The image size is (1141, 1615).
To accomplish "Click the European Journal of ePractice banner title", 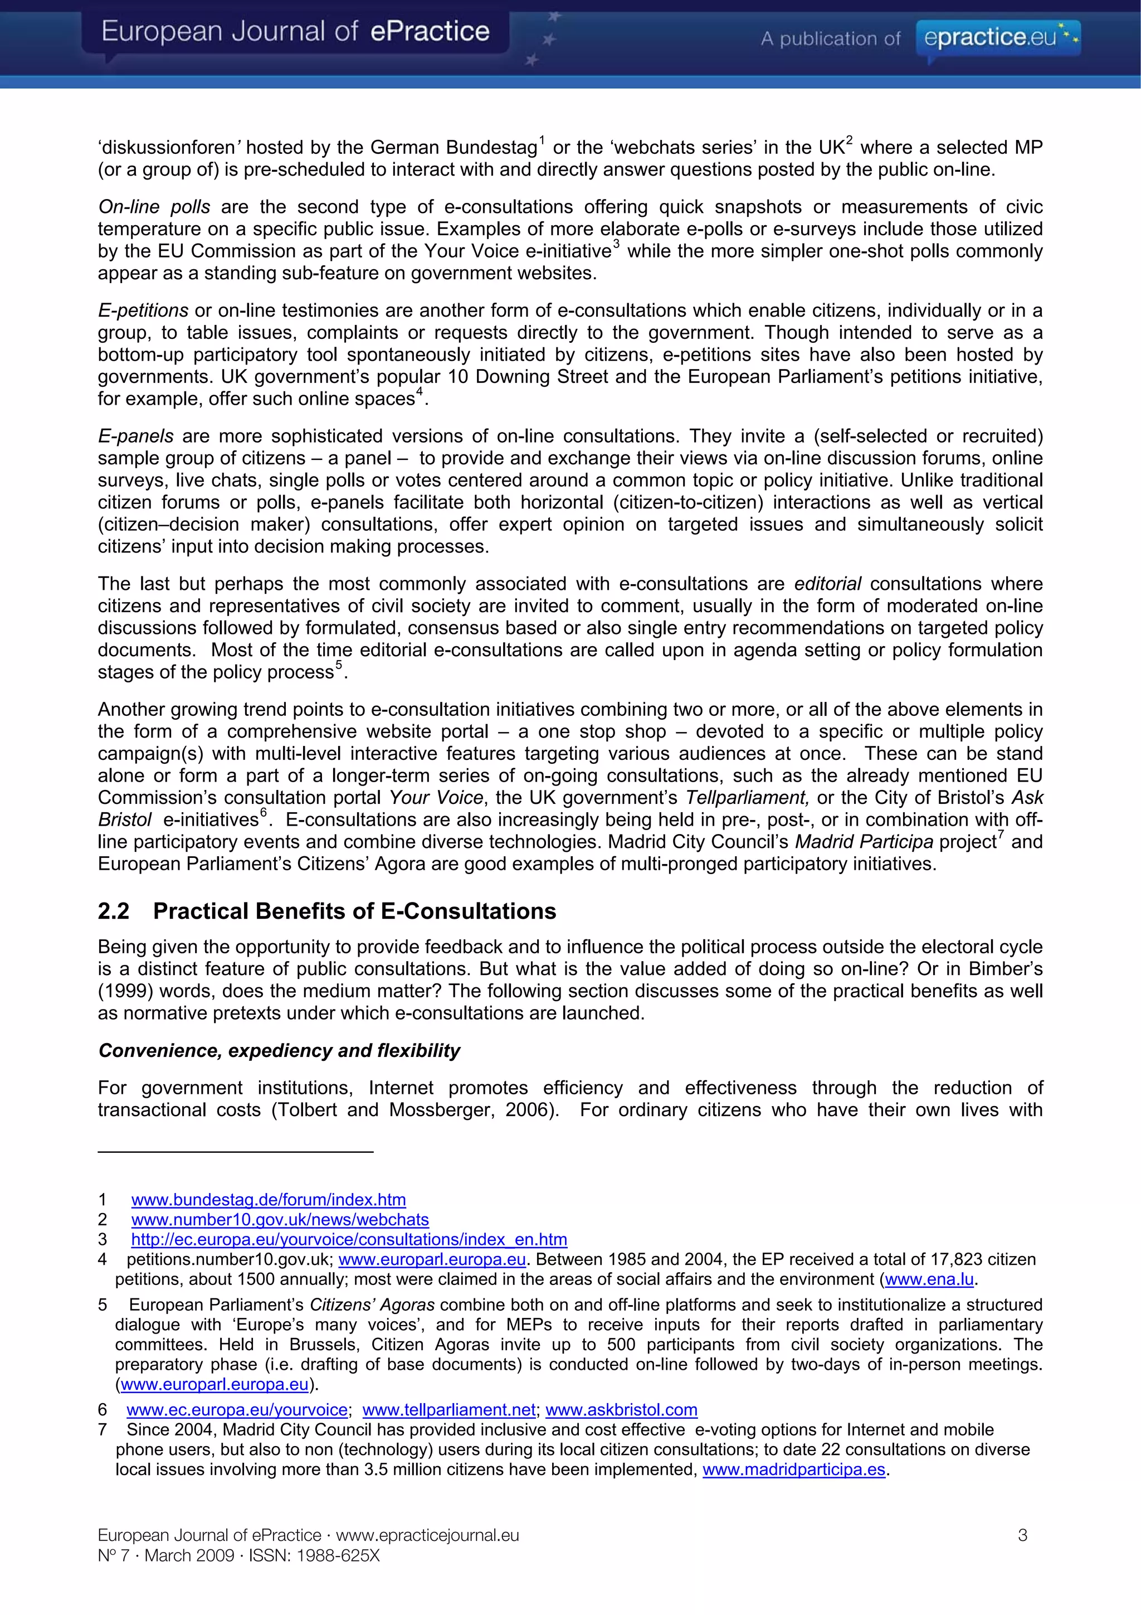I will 295,32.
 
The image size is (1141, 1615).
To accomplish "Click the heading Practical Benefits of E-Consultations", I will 354,911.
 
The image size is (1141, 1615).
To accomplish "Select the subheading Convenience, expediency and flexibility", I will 279,1050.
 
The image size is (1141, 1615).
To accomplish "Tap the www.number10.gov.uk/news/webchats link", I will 280,1219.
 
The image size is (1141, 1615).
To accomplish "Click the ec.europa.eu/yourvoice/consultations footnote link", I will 349,1239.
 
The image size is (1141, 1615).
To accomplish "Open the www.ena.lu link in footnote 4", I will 929,1279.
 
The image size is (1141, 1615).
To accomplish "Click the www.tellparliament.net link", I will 448,1410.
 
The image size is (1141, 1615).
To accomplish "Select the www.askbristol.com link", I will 621,1410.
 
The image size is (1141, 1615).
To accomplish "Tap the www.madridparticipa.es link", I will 794,1469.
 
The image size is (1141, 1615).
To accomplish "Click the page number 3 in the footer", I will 1022,1535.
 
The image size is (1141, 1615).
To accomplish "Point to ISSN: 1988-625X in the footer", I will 314,1555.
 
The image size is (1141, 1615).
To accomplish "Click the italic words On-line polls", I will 154,207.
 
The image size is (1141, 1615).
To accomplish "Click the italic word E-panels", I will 136,436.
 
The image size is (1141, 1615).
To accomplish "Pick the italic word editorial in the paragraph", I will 827,584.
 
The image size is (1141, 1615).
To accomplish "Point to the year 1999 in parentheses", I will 126,991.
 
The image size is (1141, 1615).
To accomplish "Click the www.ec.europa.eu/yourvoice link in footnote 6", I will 237,1410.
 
